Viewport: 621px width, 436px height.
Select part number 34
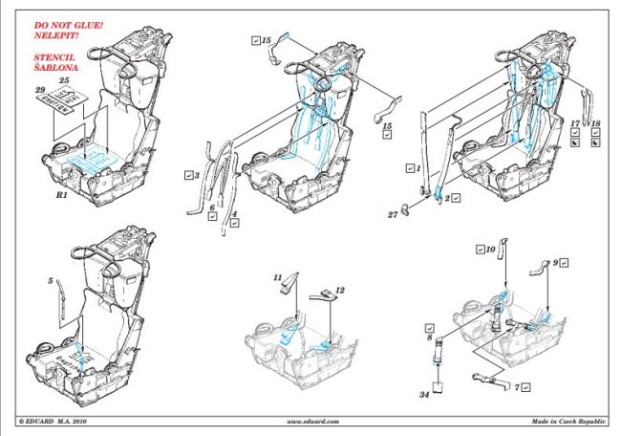[x=424, y=394]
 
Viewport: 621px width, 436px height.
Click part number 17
[x=573, y=123]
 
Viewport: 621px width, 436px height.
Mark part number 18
[x=595, y=123]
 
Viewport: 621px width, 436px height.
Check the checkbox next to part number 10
[x=479, y=250]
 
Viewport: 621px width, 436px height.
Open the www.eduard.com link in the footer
[x=310, y=421]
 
